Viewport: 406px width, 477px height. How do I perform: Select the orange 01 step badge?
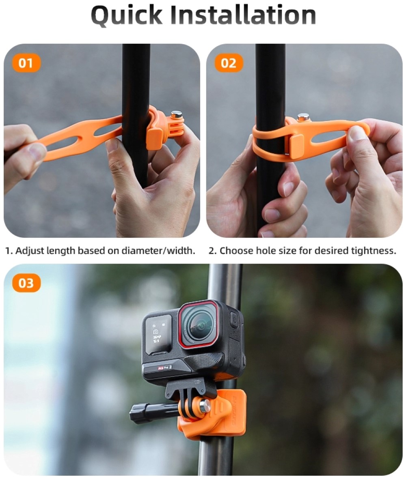26,64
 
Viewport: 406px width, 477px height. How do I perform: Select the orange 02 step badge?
228,64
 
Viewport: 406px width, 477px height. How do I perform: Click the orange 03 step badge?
26,283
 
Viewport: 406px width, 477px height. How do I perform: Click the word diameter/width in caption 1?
158,251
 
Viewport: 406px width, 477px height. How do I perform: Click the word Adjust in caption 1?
29,251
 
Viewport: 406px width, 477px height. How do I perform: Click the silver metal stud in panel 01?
176,115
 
